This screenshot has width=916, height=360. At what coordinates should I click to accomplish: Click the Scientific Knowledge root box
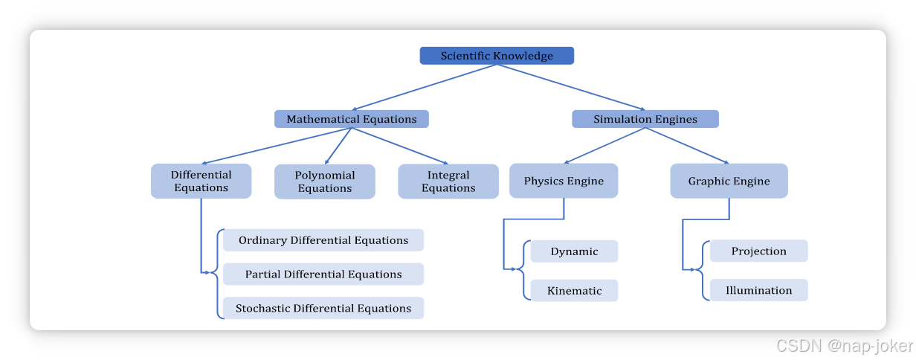pyautogui.click(x=497, y=56)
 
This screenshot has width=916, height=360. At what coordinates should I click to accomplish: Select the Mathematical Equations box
pyautogui.click(x=352, y=119)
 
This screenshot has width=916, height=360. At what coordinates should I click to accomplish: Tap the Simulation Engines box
pyautogui.click(x=645, y=119)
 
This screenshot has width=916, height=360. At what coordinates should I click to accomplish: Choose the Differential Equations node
pyautogui.click(x=201, y=181)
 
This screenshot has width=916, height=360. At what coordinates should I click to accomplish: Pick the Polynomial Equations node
pyautogui.click(x=324, y=181)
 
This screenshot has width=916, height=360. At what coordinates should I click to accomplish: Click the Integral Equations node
pyautogui.click(x=448, y=181)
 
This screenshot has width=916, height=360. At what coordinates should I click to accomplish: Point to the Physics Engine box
pyautogui.click(x=564, y=181)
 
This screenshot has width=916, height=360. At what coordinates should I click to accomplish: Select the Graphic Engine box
pyautogui.click(x=729, y=181)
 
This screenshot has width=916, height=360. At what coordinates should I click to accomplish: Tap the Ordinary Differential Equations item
pyautogui.click(x=323, y=240)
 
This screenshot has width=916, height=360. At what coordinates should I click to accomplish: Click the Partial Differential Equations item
pyautogui.click(x=323, y=274)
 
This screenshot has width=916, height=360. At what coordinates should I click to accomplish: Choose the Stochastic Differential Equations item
pyautogui.click(x=323, y=308)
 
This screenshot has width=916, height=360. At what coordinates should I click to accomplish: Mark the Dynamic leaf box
pyautogui.click(x=574, y=251)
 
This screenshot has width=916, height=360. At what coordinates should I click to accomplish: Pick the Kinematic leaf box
pyautogui.click(x=574, y=291)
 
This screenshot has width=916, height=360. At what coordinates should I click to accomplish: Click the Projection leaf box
pyautogui.click(x=758, y=251)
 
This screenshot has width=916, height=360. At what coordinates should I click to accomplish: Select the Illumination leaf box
pyautogui.click(x=758, y=290)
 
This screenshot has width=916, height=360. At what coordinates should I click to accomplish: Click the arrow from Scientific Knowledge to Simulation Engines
pyautogui.click(x=571, y=88)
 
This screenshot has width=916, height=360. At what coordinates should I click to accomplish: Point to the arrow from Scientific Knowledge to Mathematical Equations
pyautogui.click(x=424, y=88)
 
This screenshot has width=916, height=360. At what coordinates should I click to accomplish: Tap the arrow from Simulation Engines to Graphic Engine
pyautogui.click(x=687, y=145)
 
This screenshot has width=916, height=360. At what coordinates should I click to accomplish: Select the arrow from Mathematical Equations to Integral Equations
pyautogui.click(x=400, y=146)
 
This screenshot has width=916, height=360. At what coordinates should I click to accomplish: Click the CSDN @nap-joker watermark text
pyautogui.click(x=843, y=345)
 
